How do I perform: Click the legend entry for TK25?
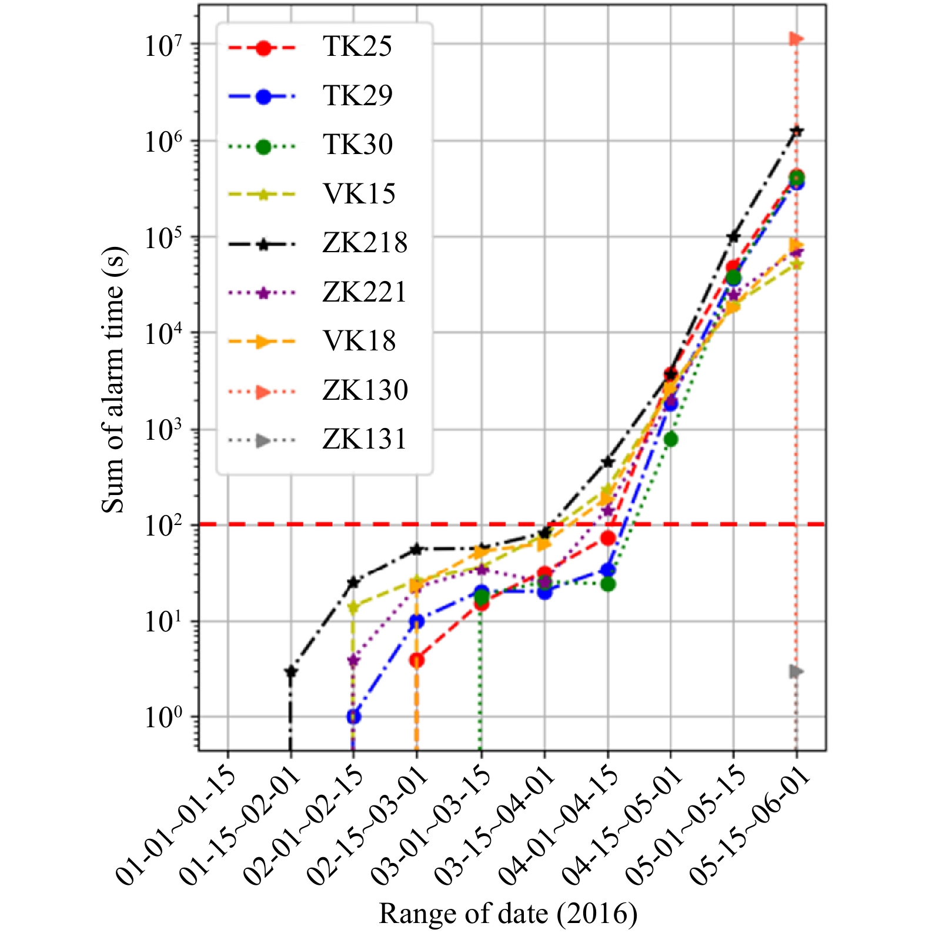tap(357, 46)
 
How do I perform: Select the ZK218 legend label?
tap(365, 243)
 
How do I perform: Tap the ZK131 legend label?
tap(365, 439)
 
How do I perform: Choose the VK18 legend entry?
tap(359, 341)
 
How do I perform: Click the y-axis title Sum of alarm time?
tap(113, 380)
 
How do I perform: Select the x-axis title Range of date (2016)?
tap(508, 913)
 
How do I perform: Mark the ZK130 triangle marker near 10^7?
tap(796, 39)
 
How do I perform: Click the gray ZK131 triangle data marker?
tap(796, 671)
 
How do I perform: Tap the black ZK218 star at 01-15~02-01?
tap(290, 671)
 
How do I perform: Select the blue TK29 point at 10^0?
tap(353, 717)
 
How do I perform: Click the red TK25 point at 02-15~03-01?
tap(417, 660)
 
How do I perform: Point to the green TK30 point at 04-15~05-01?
tap(671, 439)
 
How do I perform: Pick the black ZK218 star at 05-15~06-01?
tap(797, 131)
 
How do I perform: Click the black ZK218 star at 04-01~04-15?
tap(608, 462)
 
